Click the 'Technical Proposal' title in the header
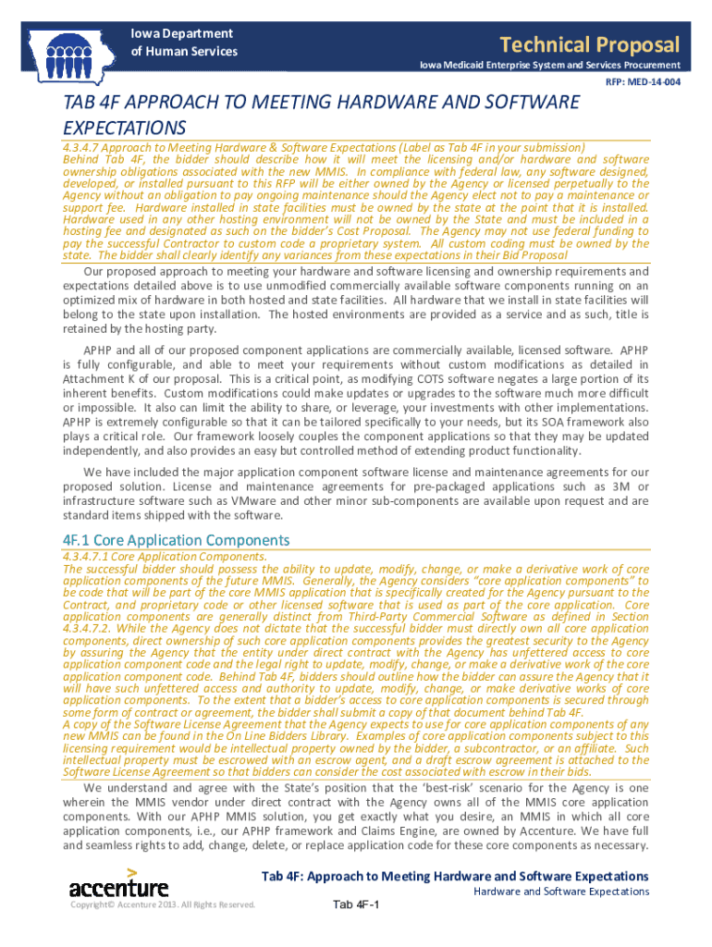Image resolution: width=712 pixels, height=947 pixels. click(589, 44)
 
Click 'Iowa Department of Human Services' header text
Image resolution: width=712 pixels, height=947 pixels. click(183, 43)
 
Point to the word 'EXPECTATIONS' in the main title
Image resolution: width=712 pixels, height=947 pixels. click(124, 127)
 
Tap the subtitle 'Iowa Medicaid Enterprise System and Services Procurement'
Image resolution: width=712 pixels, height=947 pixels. click(550, 65)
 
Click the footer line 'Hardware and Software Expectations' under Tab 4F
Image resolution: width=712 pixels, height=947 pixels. click(561, 892)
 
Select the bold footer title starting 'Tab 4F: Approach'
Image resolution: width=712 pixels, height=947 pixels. click(455, 876)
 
